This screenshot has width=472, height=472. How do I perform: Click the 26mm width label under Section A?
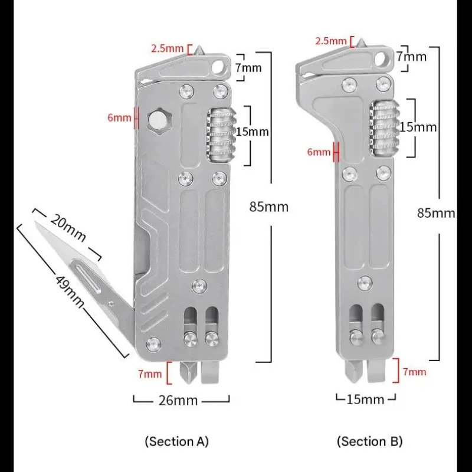pyautogui.click(x=178, y=401)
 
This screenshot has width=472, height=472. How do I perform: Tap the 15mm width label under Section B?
pyautogui.click(x=365, y=399)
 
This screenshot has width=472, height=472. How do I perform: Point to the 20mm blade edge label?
pyautogui.click(x=68, y=228)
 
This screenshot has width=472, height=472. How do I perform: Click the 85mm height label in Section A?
pyautogui.click(x=269, y=207)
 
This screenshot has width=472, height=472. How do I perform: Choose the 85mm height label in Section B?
pyautogui.click(x=436, y=213)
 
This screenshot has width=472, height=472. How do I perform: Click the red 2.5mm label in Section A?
pyautogui.click(x=168, y=48)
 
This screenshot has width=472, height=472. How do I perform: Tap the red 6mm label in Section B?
pyautogui.click(x=319, y=152)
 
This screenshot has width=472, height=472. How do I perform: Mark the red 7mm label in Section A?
pyautogui.click(x=150, y=374)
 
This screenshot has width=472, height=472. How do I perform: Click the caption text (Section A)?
pyautogui.click(x=176, y=441)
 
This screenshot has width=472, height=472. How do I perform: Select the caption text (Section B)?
pyautogui.click(x=370, y=441)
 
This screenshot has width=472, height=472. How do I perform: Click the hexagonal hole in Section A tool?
pyautogui.click(x=159, y=120)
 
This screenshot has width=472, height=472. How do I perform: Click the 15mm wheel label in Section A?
pyautogui.click(x=252, y=132)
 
